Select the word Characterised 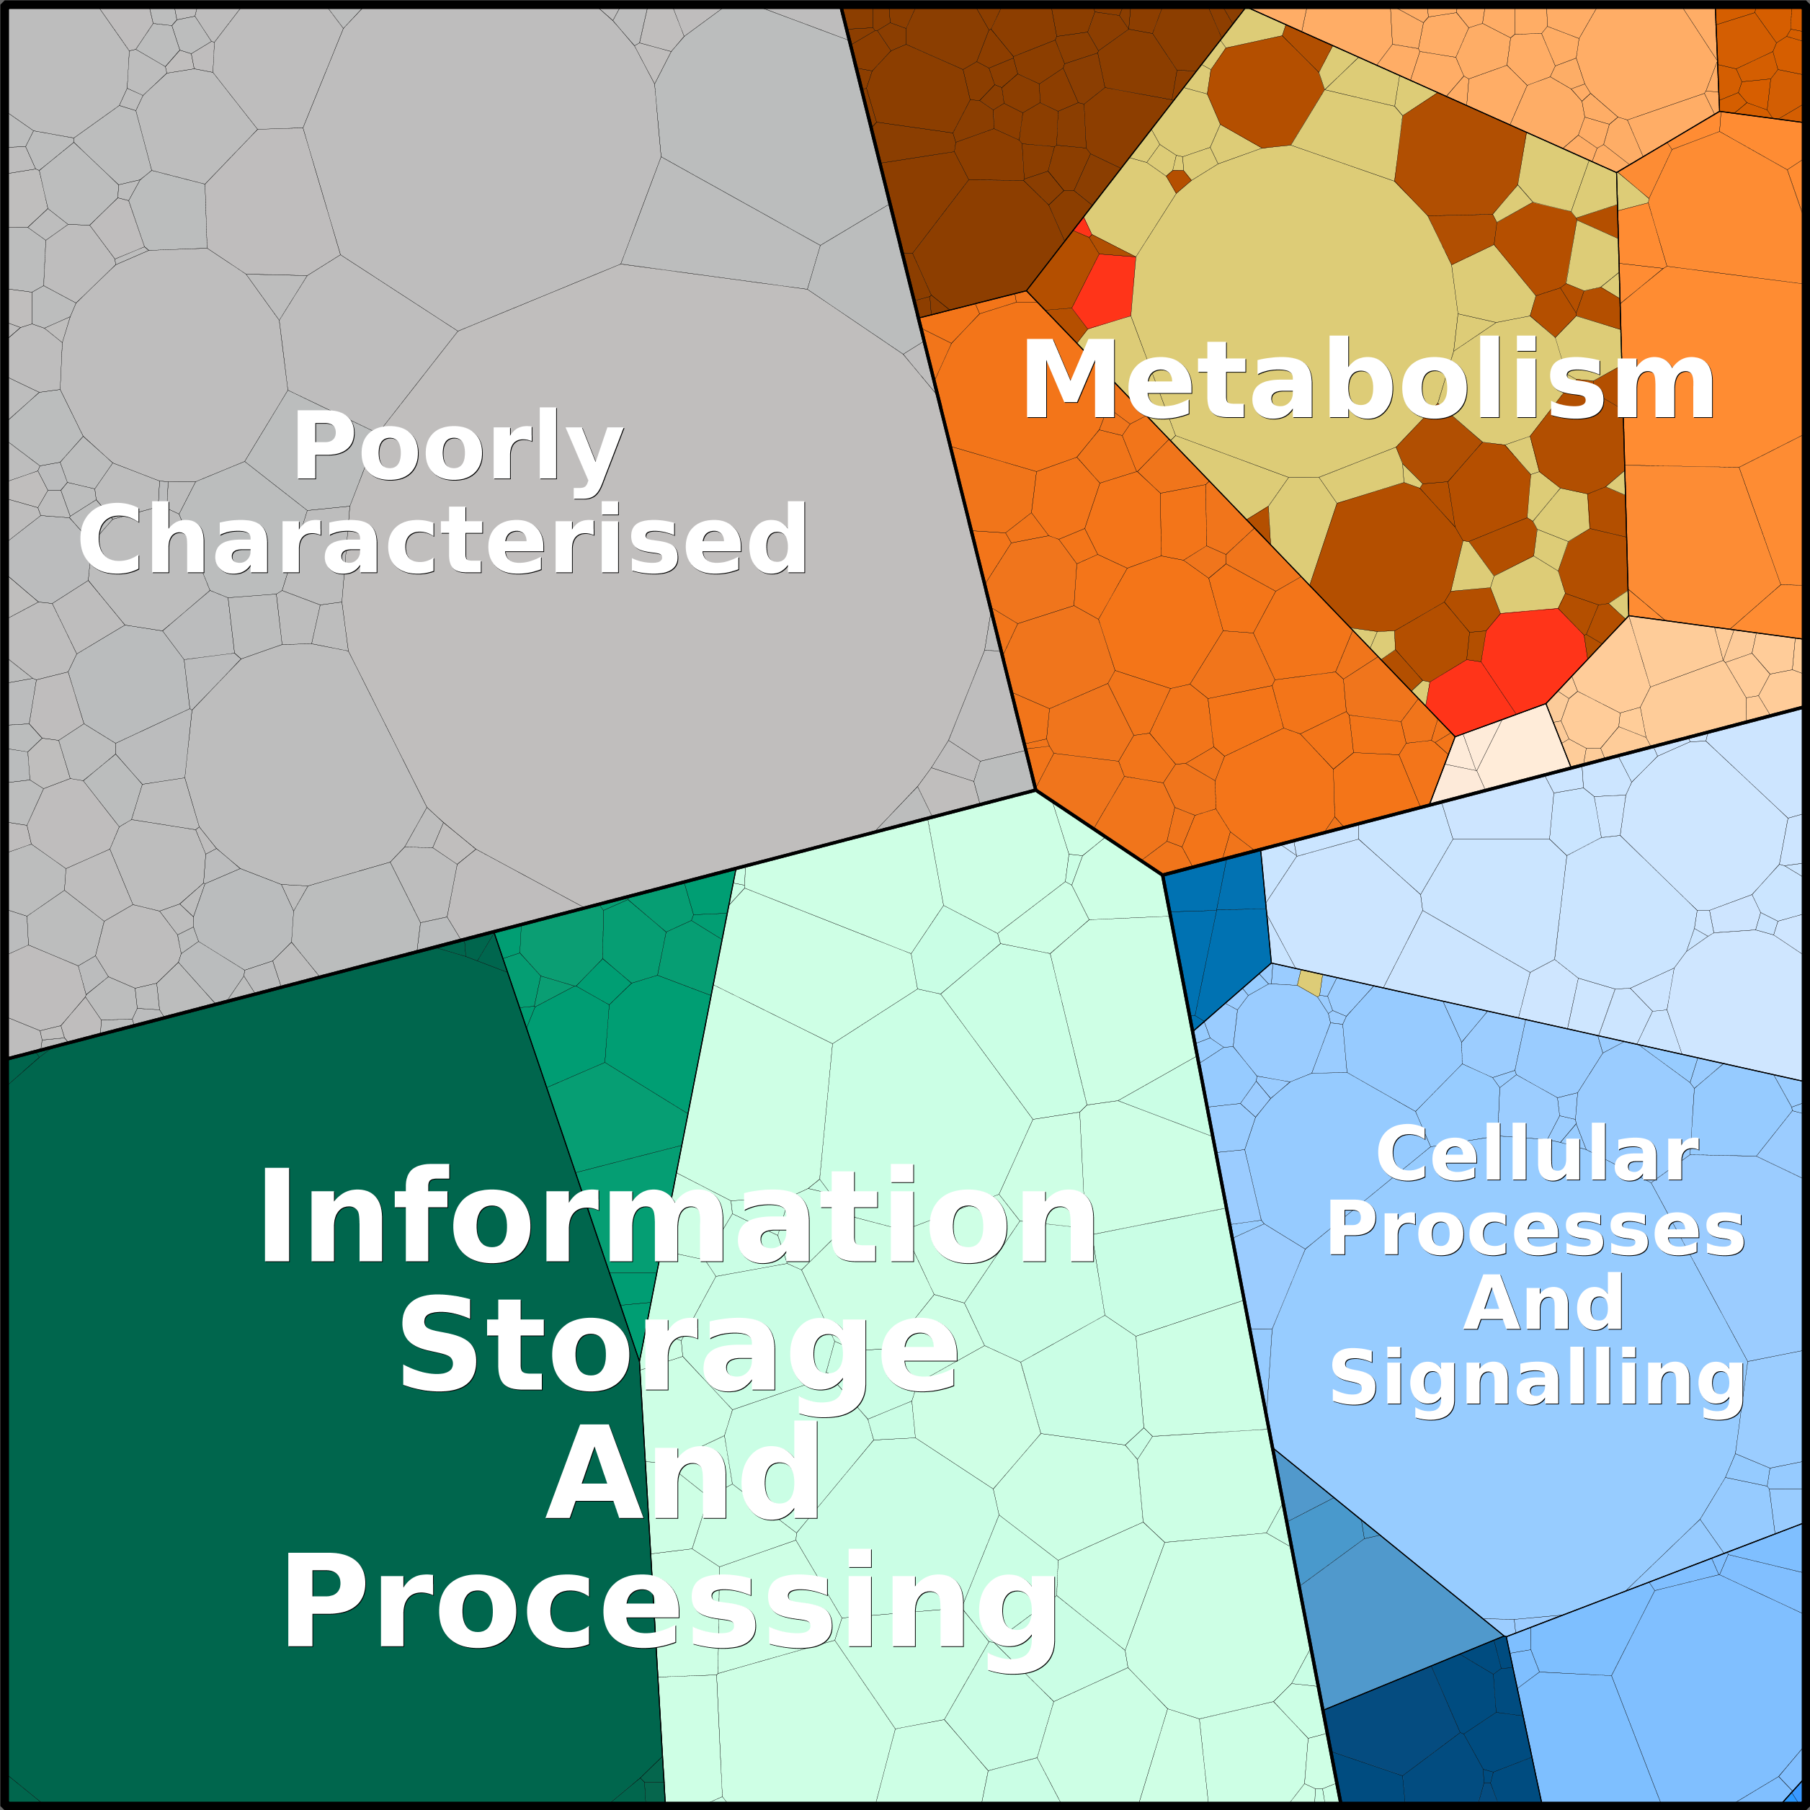point(443,540)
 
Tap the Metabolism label point(1368,380)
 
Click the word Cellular point(1536,1154)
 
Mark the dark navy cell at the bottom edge point(1433,1733)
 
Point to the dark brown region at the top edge point(1021,141)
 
